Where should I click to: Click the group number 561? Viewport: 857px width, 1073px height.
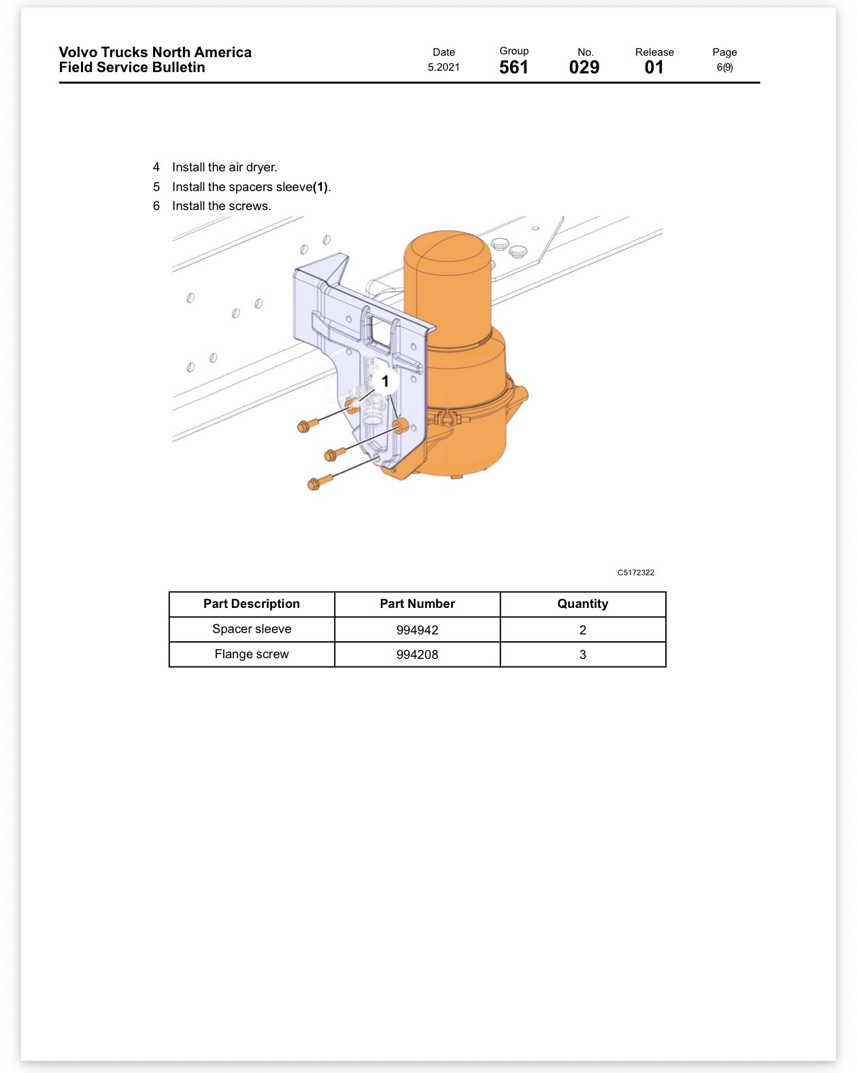[514, 67]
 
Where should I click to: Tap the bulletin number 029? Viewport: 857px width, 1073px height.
[584, 67]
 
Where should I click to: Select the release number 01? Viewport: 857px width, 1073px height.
[654, 67]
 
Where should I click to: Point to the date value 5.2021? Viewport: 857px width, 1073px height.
[443, 67]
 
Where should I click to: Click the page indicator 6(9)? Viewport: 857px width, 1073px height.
[725, 67]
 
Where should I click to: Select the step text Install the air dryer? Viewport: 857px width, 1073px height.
[224, 167]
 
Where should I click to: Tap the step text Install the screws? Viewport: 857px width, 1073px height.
[222, 206]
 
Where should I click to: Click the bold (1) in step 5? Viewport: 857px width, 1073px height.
[320, 187]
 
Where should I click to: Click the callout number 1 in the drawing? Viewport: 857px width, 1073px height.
[385, 381]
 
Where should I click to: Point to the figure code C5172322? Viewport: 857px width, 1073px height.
[635, 573]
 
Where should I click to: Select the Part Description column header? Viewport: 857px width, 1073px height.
[252, 604]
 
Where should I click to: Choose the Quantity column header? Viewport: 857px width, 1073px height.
[583, 604]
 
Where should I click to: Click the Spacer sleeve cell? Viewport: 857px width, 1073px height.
[252, 629]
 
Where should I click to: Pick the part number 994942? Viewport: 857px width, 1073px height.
[417, 630]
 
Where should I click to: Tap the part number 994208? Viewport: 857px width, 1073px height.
[417, 655]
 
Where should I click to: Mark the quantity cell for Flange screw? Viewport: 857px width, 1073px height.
[583, 654]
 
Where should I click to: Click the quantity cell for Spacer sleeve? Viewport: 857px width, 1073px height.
[583, 629]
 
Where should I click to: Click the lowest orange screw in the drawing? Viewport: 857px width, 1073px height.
[320, 483]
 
